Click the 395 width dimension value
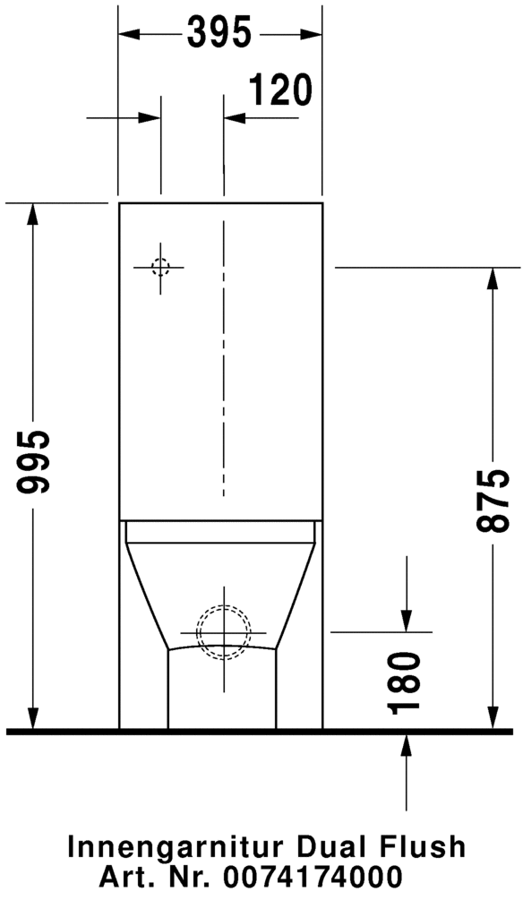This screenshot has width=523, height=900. [x=219, y=33]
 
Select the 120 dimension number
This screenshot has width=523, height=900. [x=280, y=90]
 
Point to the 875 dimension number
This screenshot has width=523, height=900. [x=492, y=500]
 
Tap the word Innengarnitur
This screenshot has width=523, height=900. [x=176, y=847]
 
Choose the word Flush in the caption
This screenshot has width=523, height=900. [x=418, y=847]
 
